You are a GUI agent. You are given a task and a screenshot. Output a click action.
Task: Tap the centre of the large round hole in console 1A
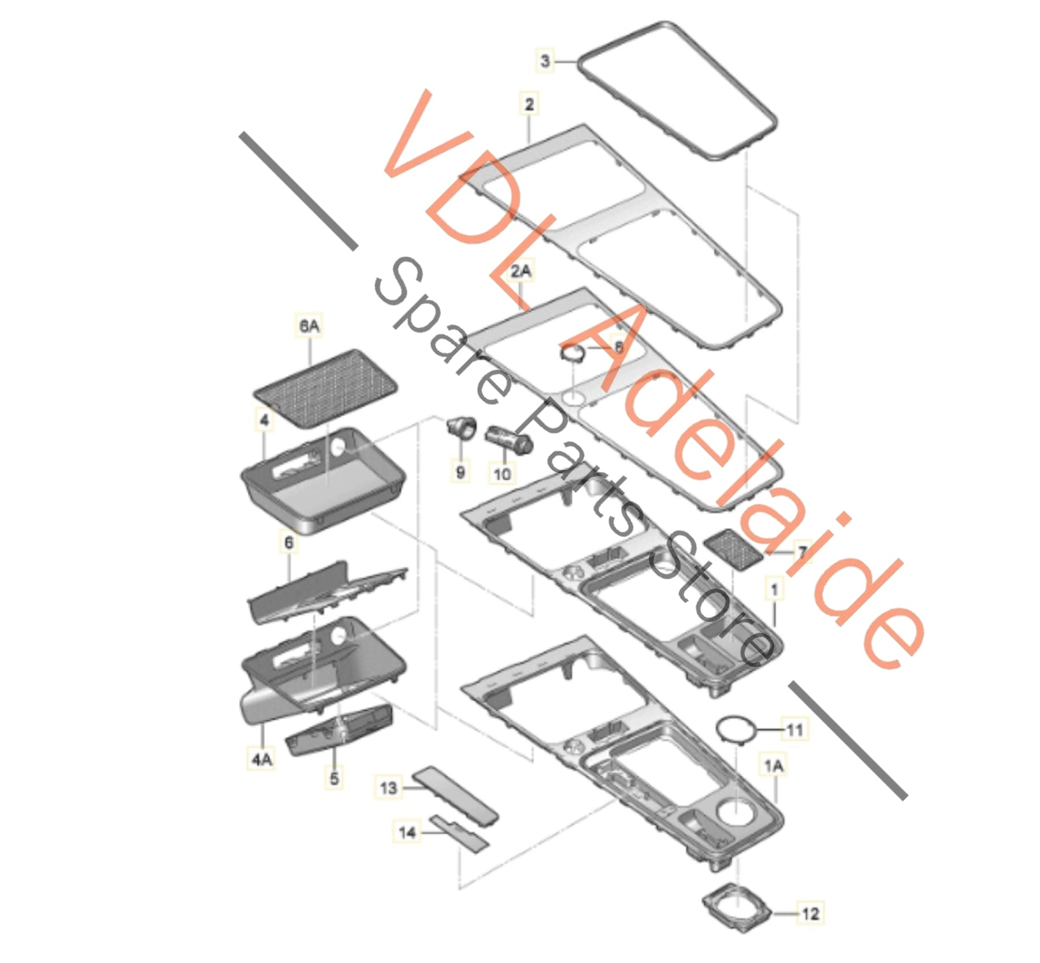click(735, 810)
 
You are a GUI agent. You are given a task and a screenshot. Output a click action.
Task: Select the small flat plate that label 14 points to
click(459, 832)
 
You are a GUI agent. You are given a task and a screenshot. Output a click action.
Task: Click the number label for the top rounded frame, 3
click(545, 61)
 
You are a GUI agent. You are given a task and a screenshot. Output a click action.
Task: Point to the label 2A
click(520, 270)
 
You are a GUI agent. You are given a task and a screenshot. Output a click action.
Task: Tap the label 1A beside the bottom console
click(773, 766)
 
